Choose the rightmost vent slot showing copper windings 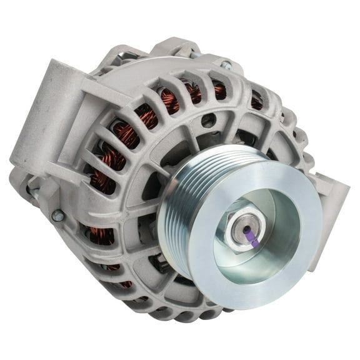point(256,100)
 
